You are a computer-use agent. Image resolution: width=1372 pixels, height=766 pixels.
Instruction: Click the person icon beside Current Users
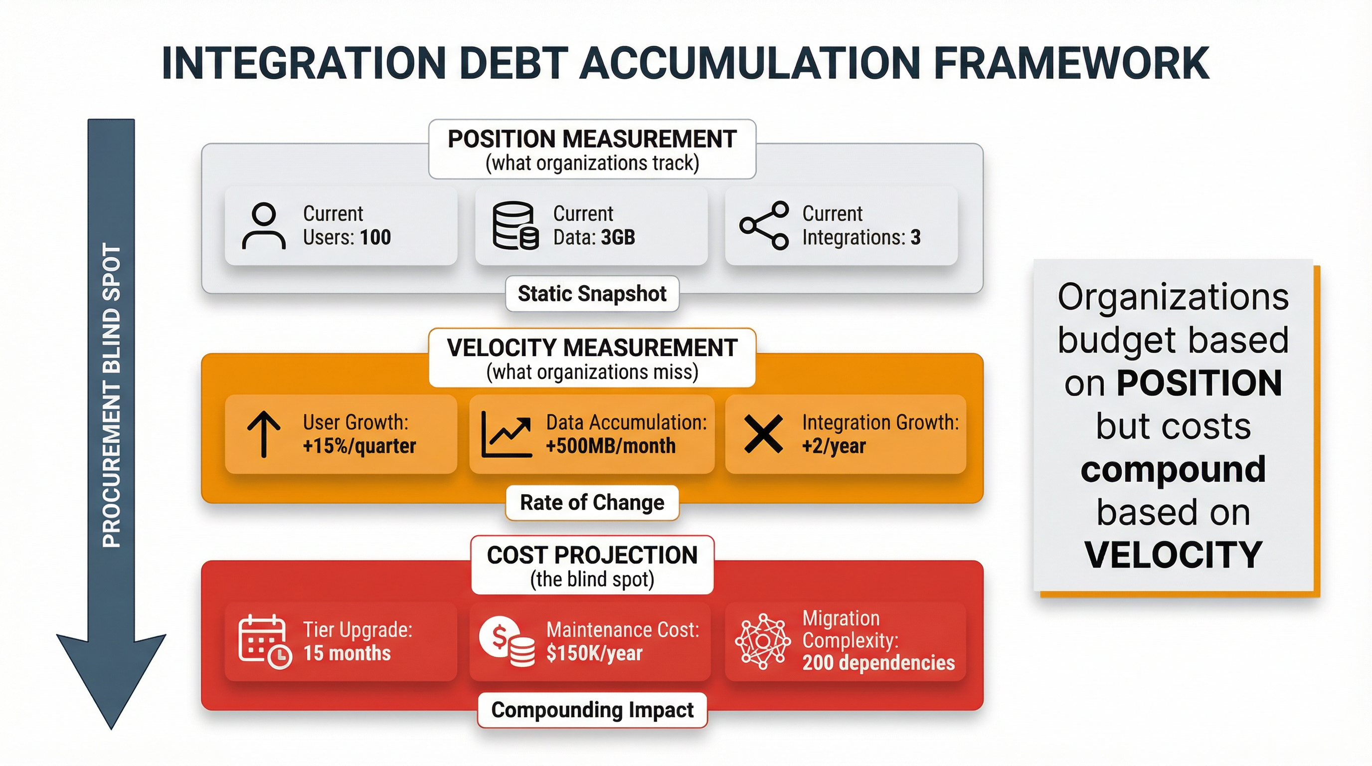[x=264, y=226]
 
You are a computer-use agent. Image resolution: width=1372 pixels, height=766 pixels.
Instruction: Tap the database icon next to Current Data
[x=514, y=226]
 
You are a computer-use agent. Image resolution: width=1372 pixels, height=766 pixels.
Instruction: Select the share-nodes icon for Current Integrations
[x=764, y=226]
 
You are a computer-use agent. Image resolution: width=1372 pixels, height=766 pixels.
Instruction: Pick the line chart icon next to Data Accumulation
[x=506, y=434]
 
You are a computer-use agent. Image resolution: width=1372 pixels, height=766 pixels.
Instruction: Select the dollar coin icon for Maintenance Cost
[x=506, y=641]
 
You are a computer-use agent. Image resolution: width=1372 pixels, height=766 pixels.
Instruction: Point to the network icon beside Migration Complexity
[x=763, y=641]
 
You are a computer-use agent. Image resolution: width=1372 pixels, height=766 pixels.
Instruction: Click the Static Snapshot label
[x=592, y=294]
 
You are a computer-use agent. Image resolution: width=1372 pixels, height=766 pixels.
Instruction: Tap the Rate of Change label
[x=592, y=502]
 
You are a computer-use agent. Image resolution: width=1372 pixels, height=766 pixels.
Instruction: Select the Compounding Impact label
[x=592, y=710]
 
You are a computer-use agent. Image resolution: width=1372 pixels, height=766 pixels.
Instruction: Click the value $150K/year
[x=594, y=653]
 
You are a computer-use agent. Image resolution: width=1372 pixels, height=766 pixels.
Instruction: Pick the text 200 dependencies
[x=878, y=663]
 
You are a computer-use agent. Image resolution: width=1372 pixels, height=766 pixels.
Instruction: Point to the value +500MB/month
[x=610, y=446]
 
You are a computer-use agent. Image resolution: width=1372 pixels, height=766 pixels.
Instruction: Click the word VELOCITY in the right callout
[x=1174, y=555]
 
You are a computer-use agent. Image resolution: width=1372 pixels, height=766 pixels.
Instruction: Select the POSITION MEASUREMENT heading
[x=592, y=139]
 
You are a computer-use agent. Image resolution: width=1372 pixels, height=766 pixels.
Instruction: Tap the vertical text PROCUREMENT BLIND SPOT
[x=111, y=395]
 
